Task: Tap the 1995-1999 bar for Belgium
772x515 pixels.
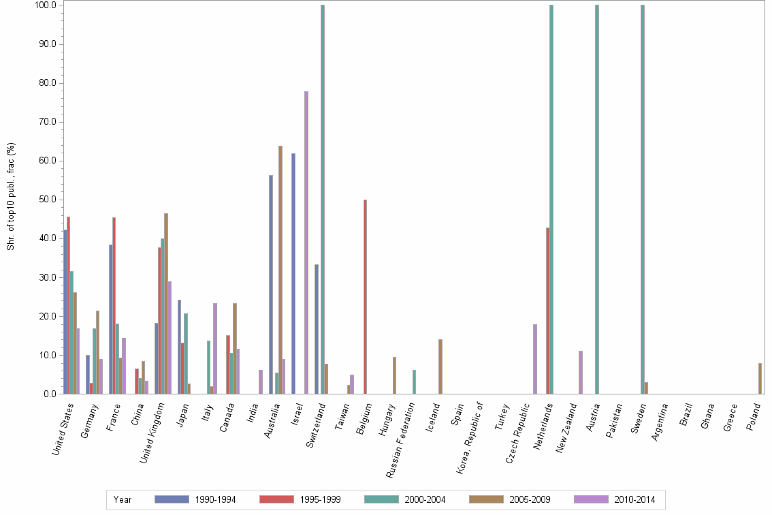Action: pyautogui.click(x=366, y=296)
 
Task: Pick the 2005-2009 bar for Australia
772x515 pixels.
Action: pyautogui.click(x=280, y=270)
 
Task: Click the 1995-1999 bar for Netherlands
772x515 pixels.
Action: pyautogui.click(x=548, y=311)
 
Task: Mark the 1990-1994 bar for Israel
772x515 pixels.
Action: pyautogui.click(x=293, y=273)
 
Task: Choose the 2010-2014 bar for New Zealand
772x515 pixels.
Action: pyautogui.click(x=581, y=372)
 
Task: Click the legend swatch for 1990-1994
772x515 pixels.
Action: pyautogui.click(x=172, y=499)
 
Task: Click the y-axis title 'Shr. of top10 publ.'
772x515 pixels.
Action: pyautogui.click(x=10, y=196)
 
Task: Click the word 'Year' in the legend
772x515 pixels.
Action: pyautogui.click(x=123, y=499)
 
